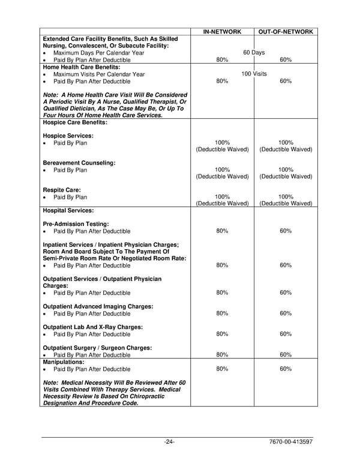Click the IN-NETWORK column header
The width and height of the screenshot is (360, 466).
point(222,31)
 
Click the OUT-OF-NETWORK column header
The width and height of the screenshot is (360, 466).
point(286,31)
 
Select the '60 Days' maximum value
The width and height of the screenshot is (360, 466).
point(254,53)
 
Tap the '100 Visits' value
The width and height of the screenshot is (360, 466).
point(254,74)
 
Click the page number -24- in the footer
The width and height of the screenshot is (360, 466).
point(169,443)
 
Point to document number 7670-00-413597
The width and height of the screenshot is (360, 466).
point(291,443)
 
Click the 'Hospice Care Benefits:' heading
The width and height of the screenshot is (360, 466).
point(75,122)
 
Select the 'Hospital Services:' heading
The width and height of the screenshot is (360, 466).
point(68,211)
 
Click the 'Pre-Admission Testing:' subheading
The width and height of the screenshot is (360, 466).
point(76,224)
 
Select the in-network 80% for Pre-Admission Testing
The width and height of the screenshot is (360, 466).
point(222,231)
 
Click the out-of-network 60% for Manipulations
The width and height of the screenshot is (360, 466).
point(286,369)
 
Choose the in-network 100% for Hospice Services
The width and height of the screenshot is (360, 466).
point(222,143)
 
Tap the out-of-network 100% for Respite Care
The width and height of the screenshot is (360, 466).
point(286,196)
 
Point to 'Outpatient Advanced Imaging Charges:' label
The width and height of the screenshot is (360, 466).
point(98,306)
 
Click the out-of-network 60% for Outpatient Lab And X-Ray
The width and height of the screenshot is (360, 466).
point(286,334)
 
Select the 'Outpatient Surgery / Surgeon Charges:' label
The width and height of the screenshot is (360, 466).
point(97,348)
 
